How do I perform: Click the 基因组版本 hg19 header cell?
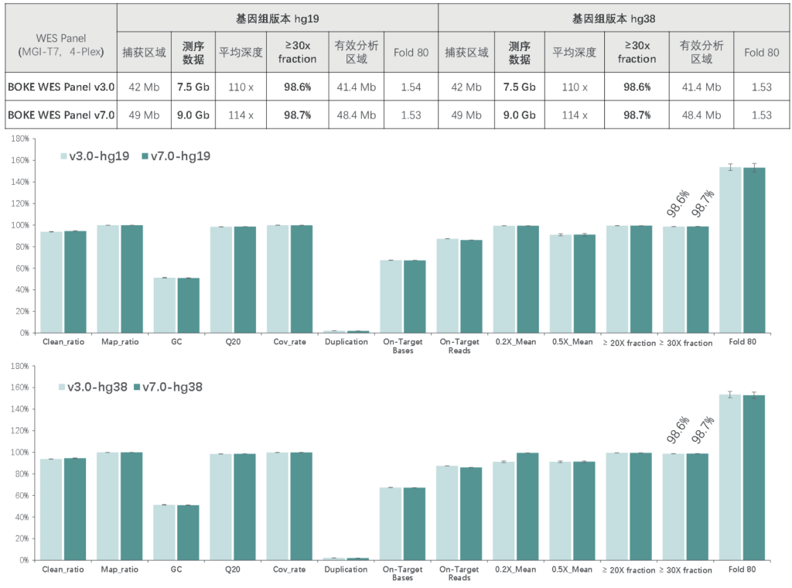pyautogui.click(x=277, y=17)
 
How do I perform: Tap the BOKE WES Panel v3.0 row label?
pyautogui.click(x=61, y=87)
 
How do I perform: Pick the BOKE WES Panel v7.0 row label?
pyautogui.click(x=61, y=115)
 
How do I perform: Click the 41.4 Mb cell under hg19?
pyautogui.click(x=356, y=87)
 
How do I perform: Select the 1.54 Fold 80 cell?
pyautogui.click(x=411, y=87)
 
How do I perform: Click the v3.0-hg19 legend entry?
pyautogui.click(x=97, y=156)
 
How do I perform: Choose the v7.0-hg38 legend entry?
pyautogui.click(x=168, y=386)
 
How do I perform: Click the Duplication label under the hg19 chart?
pyautogui.click(x=346, y=341)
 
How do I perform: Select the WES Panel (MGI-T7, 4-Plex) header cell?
pyautogui.click(x=60, y=45)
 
